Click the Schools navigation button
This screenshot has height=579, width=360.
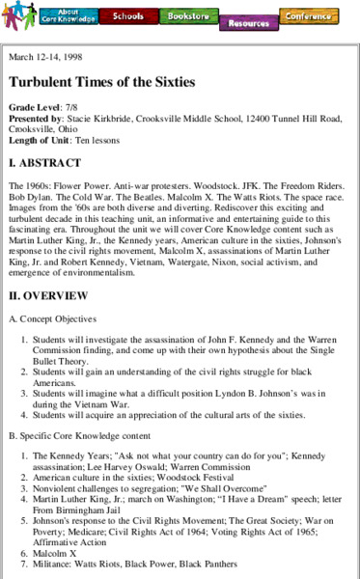[128, 16]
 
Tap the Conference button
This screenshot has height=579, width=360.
[308, 16]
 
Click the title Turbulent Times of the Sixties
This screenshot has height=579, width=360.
[101, 82]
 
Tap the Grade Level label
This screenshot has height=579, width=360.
[34, 107]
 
